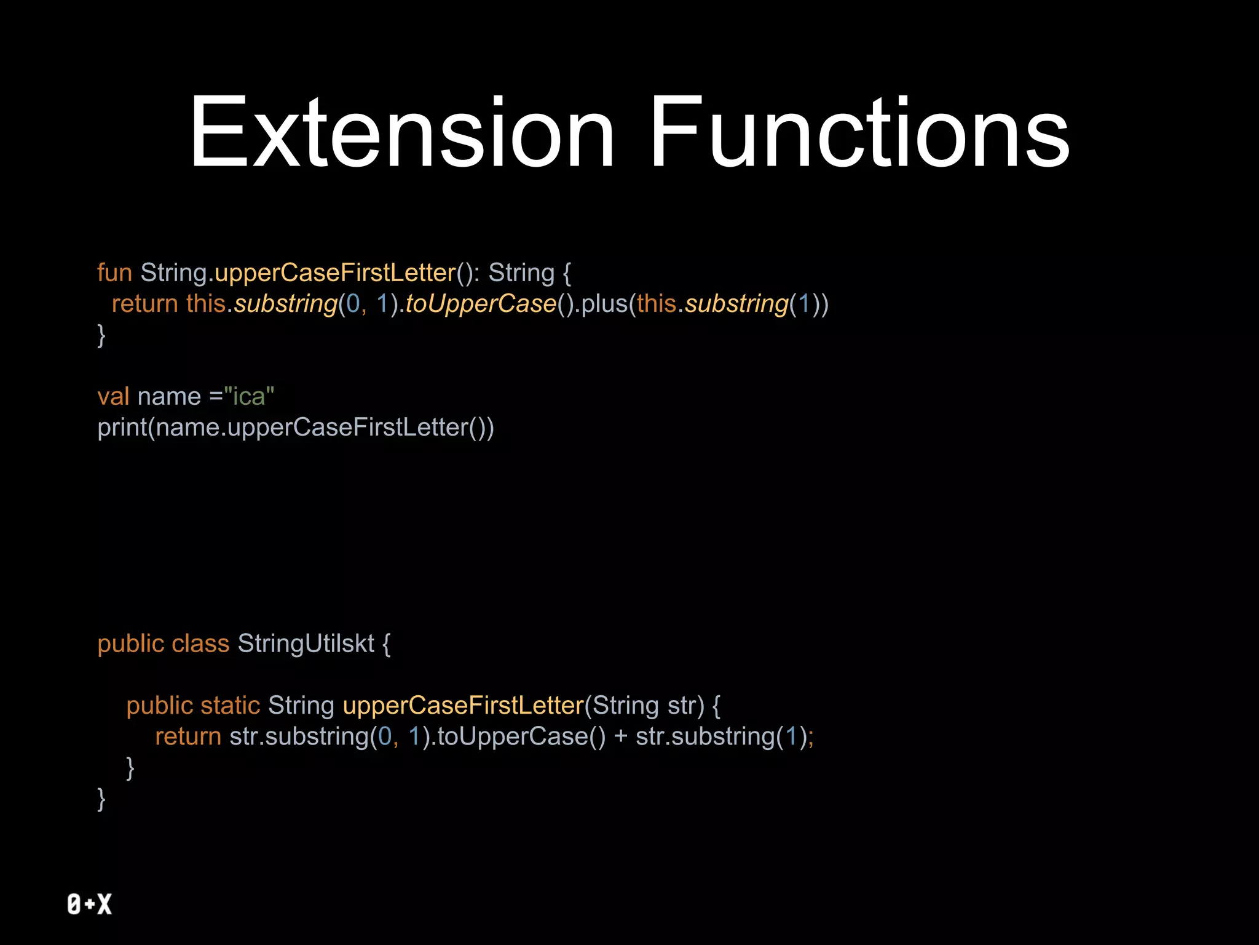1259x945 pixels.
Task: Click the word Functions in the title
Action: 859,132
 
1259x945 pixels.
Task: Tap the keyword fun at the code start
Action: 114,273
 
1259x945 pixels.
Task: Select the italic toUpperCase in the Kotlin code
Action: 481,304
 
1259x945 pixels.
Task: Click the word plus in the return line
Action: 604,304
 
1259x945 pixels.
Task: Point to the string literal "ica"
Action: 249,397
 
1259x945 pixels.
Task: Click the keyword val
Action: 113,397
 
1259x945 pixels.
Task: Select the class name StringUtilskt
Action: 306,644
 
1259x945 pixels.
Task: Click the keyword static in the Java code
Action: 230,706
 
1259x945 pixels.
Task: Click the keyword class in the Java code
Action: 200,644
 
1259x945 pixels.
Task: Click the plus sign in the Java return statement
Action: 620,737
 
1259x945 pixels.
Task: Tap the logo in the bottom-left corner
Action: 90,904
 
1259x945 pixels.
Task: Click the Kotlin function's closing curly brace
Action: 101,336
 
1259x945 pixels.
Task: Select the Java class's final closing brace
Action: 101,799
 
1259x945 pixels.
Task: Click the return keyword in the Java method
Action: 187,737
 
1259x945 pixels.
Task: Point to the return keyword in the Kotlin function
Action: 144,304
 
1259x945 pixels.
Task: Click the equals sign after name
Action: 215,397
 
